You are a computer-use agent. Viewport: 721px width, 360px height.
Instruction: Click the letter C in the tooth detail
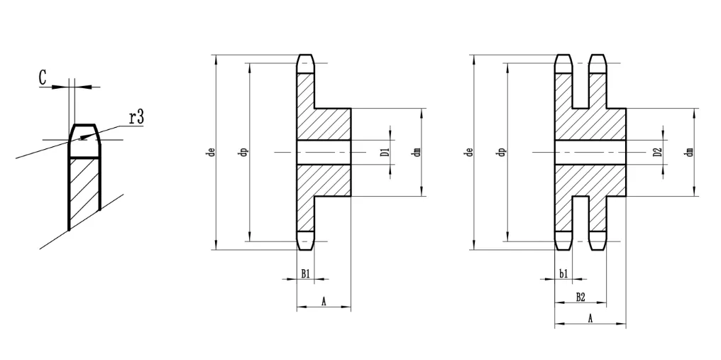[43, 77]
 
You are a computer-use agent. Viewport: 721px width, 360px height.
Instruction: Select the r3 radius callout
[136, 117]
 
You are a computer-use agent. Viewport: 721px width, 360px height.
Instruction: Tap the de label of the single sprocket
[210, 152]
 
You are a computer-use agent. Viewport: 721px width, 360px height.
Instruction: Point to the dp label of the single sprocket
[243, 152]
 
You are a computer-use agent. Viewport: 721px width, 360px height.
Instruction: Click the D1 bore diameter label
[383, 152]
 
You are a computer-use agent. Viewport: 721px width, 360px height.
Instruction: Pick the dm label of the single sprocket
[417, 152]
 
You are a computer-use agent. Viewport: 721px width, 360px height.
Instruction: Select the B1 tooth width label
[304, 273]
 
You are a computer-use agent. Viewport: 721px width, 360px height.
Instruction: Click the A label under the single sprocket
[324, 302]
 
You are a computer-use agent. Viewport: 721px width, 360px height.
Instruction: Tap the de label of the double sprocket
[468, 152]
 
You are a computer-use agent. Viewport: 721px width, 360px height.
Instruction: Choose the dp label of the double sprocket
[501, 152]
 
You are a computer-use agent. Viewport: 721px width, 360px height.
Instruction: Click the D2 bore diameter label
[657, 152]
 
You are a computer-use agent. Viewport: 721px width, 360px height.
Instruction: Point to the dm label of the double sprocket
[689, 152]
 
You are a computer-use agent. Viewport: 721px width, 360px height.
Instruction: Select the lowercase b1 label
[563, 273]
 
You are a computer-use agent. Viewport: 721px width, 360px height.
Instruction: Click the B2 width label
[580, 296]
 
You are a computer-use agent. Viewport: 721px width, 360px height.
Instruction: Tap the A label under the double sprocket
[590, 319]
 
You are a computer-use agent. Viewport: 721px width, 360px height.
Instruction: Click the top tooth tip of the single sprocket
[305, 63]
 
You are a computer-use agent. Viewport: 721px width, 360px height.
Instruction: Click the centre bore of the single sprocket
[324, 152]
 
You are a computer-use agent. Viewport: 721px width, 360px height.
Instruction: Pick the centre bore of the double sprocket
[590, 152]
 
